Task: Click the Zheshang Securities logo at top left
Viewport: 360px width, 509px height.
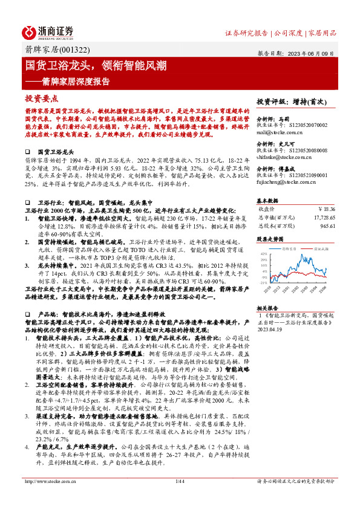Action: pos(48,31)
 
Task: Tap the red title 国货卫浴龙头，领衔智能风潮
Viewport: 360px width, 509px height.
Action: pos(96,65)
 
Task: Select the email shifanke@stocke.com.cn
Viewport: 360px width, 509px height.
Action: pos(284,155)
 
